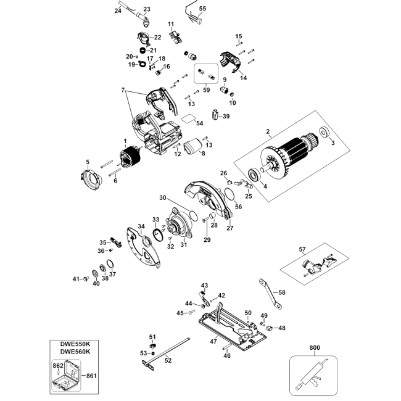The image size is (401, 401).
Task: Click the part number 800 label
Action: [315, 347]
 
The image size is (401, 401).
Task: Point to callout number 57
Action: [302, 249]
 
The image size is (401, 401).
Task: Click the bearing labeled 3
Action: [325, 132]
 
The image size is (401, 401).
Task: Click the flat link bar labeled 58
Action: [271, 294]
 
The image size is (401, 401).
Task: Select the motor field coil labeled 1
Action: [130, 157]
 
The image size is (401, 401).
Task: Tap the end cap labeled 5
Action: [91, 179]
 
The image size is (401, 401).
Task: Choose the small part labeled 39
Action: [215, 114]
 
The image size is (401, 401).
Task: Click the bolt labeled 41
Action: [86, 279]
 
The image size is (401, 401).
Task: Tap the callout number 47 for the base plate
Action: [213, 341]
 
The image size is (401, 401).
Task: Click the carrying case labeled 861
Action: [67, 376]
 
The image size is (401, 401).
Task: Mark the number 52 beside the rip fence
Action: [168, 360]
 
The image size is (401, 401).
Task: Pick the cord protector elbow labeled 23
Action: [144, 20]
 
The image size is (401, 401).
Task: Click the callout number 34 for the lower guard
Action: [141, 226]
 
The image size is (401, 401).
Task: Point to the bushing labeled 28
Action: [213, 215]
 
